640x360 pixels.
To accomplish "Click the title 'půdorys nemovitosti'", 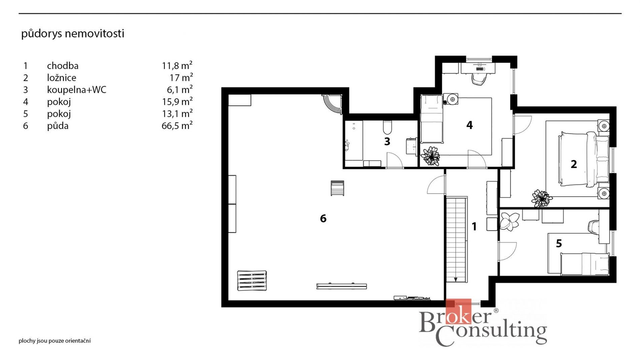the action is point(73,34).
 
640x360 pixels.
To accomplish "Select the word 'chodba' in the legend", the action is point(63,66).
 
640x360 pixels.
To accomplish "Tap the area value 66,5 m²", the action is point(177,125).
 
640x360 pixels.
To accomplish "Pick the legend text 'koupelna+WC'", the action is point(77,90).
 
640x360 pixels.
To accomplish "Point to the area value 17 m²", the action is point(181,77).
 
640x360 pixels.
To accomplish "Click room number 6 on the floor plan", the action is point(323,219).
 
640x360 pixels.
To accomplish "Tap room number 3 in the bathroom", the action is point(387,141).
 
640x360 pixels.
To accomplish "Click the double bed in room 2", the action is point(583,159).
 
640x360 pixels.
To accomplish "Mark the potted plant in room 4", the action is point(430,156).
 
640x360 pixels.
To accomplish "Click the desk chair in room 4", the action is point(478,79).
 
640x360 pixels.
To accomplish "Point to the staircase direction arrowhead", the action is point(456,280).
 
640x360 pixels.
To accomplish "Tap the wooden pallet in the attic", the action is point(252,281).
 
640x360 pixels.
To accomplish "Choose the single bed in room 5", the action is point(585,264).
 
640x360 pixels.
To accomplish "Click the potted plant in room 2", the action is point(542,198).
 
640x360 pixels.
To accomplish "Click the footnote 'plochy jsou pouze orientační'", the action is point(55,341).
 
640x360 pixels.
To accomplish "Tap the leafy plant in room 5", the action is point(510,221).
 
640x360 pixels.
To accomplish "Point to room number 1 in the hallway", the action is point(474,227).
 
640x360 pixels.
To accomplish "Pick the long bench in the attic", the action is point(342,286).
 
